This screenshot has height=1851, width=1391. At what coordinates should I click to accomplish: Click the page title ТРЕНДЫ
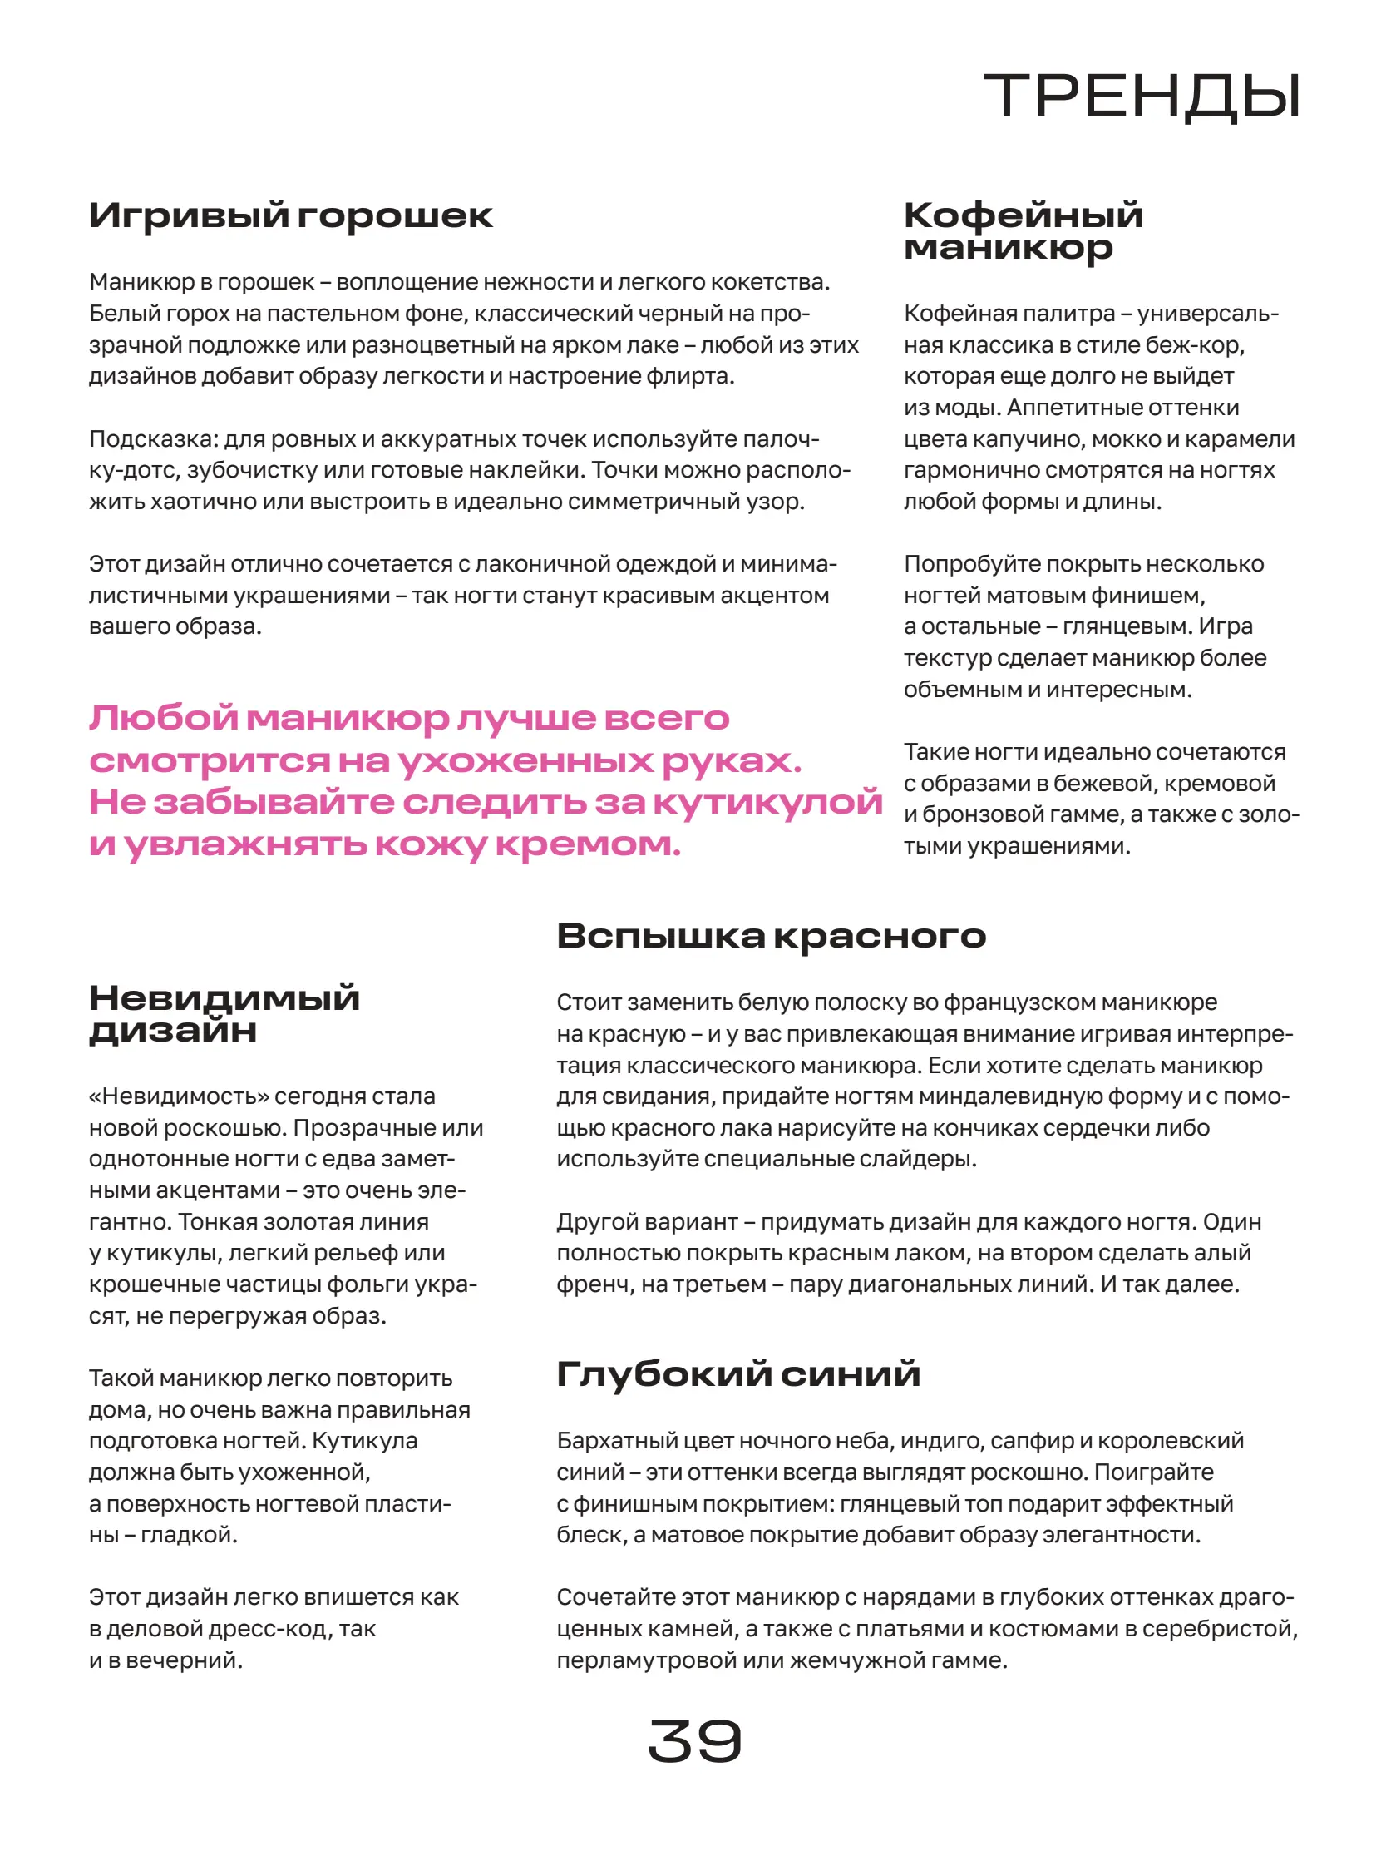click(1142, 97)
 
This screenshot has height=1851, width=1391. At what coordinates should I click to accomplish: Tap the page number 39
click(694, 1741)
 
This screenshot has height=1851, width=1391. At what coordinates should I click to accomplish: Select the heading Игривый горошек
click(290, 216)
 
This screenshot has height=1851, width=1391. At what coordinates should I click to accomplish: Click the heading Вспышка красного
click(772, 936)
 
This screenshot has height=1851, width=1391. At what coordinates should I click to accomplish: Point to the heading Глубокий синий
click(737, 1374)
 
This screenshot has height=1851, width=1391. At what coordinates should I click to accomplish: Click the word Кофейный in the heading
click(1023, 215)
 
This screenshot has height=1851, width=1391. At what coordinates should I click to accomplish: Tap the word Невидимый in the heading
click(224, 997)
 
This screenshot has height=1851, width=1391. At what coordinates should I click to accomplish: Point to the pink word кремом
click(587, 844)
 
